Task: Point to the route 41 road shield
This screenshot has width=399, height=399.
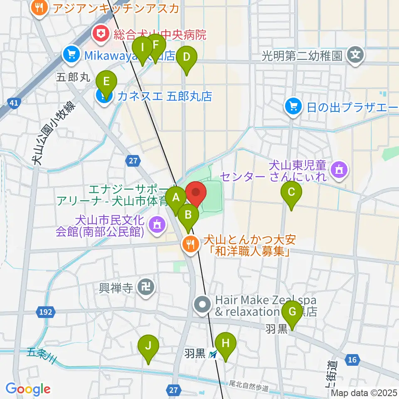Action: (x=14, y=103)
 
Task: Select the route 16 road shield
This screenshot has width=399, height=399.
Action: (x=352, y=360)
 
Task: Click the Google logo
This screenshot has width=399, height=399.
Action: (x=28, y=389)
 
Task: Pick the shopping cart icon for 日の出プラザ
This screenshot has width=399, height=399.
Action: (x=293, y=107)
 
